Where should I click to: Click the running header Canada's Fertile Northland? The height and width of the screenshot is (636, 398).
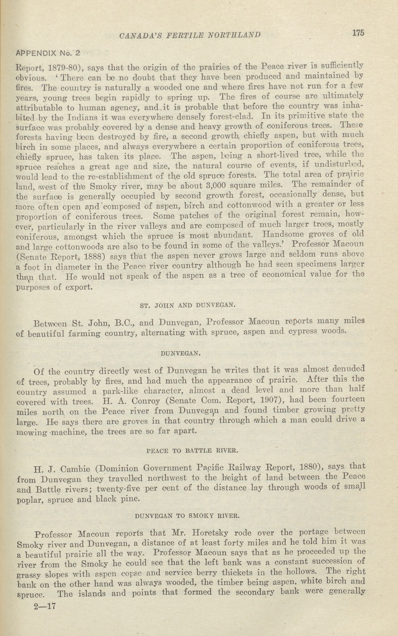pyautogui.click(x=190, y=35)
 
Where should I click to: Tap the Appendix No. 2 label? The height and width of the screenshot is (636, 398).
pyautogui.click(x=48, y=54)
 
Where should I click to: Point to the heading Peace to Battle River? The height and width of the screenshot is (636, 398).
pyautogui.click(x=192, y=451)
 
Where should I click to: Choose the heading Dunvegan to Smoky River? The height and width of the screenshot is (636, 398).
pyautogui.click(x=187, y=516)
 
